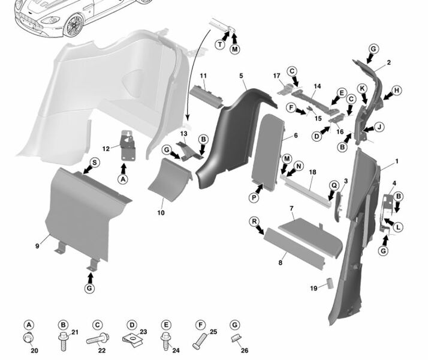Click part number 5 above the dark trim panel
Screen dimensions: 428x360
241,76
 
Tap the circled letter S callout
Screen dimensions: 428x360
95,163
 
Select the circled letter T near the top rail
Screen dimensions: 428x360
220,44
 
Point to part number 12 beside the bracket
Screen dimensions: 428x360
106,149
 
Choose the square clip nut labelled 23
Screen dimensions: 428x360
132,340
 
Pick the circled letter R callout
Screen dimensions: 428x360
254,221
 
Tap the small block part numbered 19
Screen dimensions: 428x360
330,283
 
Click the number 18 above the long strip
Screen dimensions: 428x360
312,172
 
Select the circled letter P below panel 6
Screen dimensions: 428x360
254,197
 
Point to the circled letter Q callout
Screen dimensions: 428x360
334,186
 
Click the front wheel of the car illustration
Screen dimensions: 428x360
73,25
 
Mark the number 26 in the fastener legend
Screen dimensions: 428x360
245,350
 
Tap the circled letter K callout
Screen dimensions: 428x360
363,88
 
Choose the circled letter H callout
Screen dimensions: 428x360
397,91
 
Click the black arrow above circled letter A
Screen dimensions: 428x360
123,168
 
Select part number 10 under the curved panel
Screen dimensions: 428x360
161,212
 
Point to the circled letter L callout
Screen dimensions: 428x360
399,227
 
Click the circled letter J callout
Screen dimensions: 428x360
379,127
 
